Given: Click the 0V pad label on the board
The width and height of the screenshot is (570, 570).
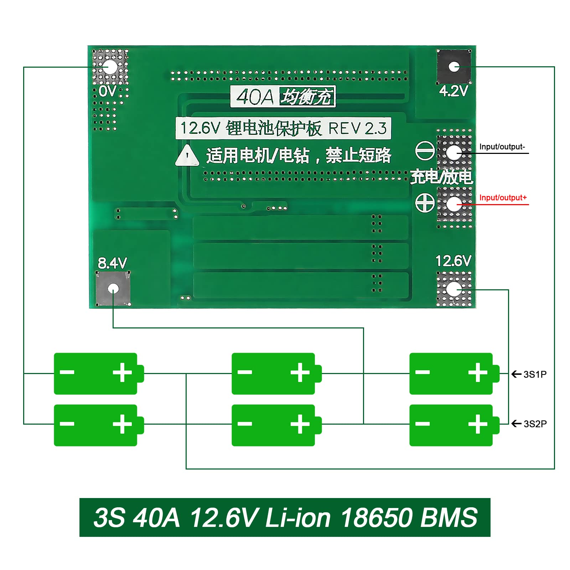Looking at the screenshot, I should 107,91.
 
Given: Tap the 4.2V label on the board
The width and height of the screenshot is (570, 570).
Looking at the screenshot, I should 453,91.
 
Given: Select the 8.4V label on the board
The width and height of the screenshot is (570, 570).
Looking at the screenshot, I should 112,263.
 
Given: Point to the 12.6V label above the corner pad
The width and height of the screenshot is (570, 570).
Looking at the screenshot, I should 453,261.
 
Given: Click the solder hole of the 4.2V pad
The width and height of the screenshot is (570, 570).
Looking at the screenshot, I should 454,67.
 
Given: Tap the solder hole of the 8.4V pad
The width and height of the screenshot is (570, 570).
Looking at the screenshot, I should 113,288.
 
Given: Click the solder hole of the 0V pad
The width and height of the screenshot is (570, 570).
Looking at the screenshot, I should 110,67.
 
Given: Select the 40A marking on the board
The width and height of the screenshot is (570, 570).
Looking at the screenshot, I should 254,97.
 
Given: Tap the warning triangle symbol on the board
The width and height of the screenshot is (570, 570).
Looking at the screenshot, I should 187,156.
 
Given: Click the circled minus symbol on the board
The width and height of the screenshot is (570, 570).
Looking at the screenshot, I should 425,151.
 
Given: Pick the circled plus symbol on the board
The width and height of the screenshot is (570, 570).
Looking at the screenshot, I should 425,203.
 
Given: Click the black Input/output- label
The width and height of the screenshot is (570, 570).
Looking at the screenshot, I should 502,147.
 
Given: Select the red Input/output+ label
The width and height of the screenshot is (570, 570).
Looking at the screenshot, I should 503,198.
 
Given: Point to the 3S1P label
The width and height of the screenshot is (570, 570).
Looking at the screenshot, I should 535,374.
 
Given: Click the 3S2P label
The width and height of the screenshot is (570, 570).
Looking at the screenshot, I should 535,424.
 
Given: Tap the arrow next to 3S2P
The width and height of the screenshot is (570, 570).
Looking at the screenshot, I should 516,424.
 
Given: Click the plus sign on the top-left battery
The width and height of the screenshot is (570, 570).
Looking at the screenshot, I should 122,373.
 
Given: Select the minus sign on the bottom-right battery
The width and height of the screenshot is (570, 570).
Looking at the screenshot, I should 423,424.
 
